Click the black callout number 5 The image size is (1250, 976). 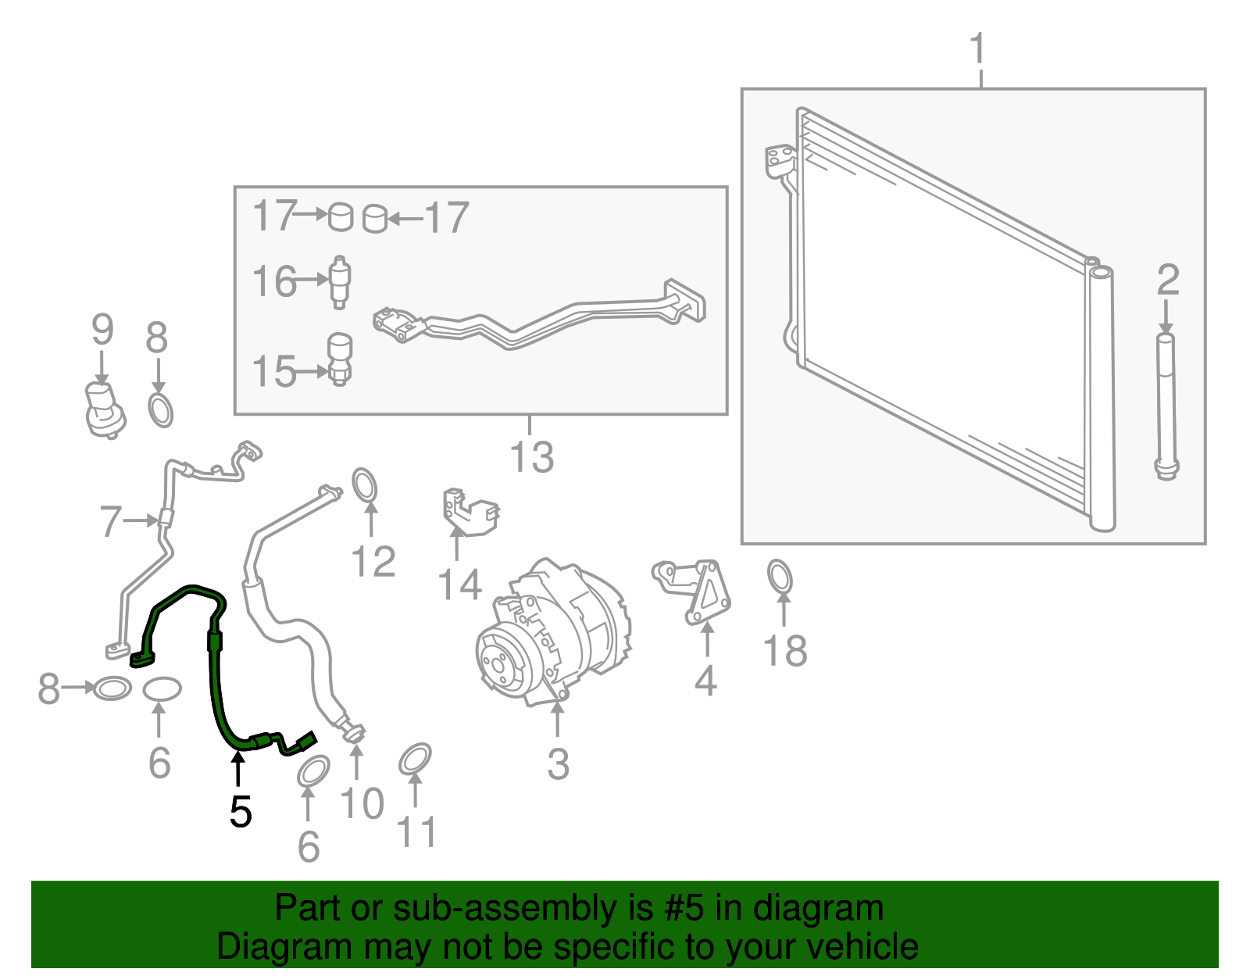point(241,812)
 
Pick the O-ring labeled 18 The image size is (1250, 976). point(780,576)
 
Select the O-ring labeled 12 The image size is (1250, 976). point(364,485)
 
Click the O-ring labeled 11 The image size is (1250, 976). point(415,759)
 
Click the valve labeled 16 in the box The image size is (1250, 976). point(340,282)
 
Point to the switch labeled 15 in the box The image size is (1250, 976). point(339,359)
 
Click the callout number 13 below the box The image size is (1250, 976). point(531,457)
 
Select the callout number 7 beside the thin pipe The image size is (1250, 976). point(111,521)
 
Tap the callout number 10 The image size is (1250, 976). point(362,803)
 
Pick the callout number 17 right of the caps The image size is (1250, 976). point(447,217)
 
